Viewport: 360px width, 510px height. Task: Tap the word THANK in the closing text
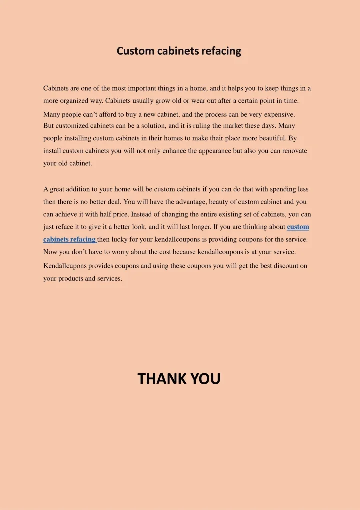point(162,379)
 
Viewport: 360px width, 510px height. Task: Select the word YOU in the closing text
point(205,379)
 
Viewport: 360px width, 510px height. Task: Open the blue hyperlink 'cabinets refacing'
point(69,239)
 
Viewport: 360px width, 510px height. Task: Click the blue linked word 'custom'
point(298,227)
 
